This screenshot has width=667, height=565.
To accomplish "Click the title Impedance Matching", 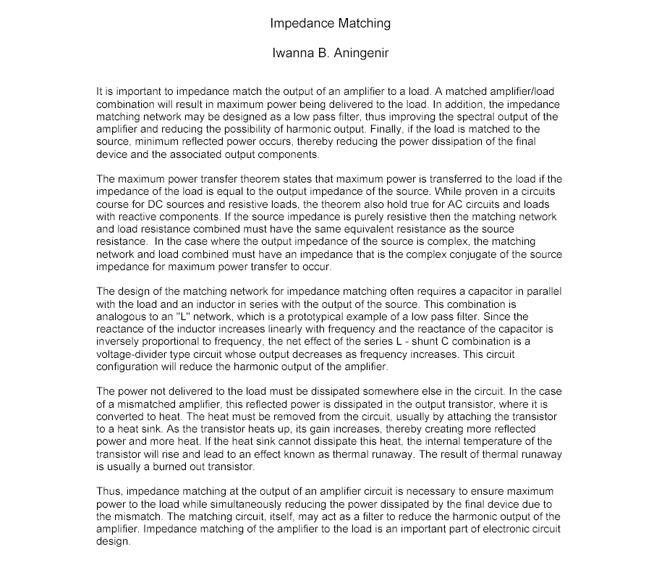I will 330,23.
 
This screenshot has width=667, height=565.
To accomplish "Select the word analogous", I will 122,317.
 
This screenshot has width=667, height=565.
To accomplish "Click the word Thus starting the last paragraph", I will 109,491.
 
